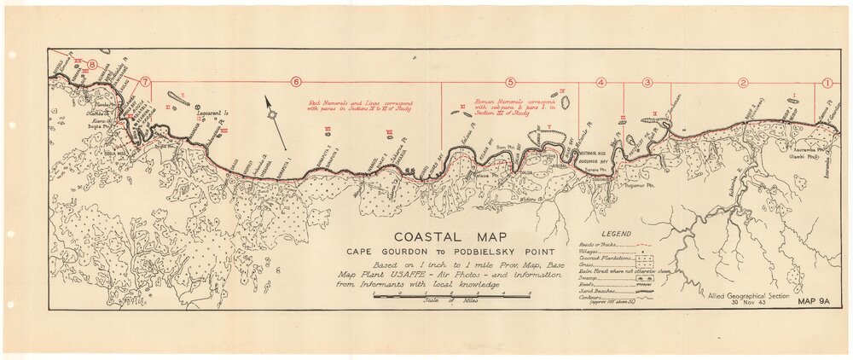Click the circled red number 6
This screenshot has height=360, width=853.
pos(296,82)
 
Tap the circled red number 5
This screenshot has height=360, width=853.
pos(511,82)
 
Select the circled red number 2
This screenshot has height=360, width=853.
pos(743,83)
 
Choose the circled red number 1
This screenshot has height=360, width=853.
pos(827,83)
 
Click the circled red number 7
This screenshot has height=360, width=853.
pos(146,82)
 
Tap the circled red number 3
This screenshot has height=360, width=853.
pos(647,82)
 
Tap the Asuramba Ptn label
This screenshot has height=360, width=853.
pos(792,148)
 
